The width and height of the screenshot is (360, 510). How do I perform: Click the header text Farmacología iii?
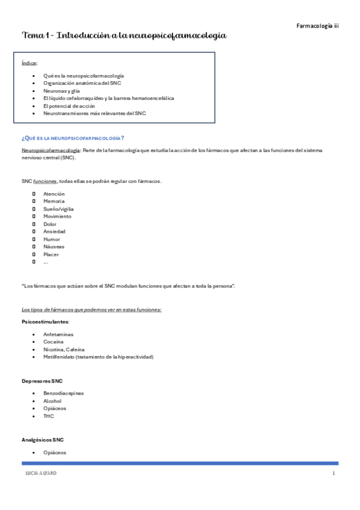coord(318,26)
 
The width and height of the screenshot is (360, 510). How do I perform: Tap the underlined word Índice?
coord(29,63)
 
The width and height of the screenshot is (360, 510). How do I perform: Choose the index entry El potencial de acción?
coord(69,105)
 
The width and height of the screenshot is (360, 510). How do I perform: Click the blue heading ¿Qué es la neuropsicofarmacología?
coord(73,138)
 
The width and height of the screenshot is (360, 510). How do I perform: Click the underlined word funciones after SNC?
coord(45,181)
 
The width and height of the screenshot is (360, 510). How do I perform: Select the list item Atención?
coord(54,194)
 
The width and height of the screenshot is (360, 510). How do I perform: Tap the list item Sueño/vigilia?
coord(58,209)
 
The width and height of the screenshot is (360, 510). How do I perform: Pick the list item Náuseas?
coord(53,247)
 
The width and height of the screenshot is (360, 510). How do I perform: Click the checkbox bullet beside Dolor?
coord(34,224)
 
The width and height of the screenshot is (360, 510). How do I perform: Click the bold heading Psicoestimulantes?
coord(45,322)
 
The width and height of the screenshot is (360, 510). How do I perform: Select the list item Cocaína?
coord(53,342)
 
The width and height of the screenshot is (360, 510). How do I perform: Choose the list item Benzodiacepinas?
coord(64,393)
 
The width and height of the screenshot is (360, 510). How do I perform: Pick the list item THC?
coord(49,416)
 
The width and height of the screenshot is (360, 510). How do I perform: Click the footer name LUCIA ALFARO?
coord(40,474)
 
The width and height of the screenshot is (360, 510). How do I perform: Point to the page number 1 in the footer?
coord(332,474)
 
